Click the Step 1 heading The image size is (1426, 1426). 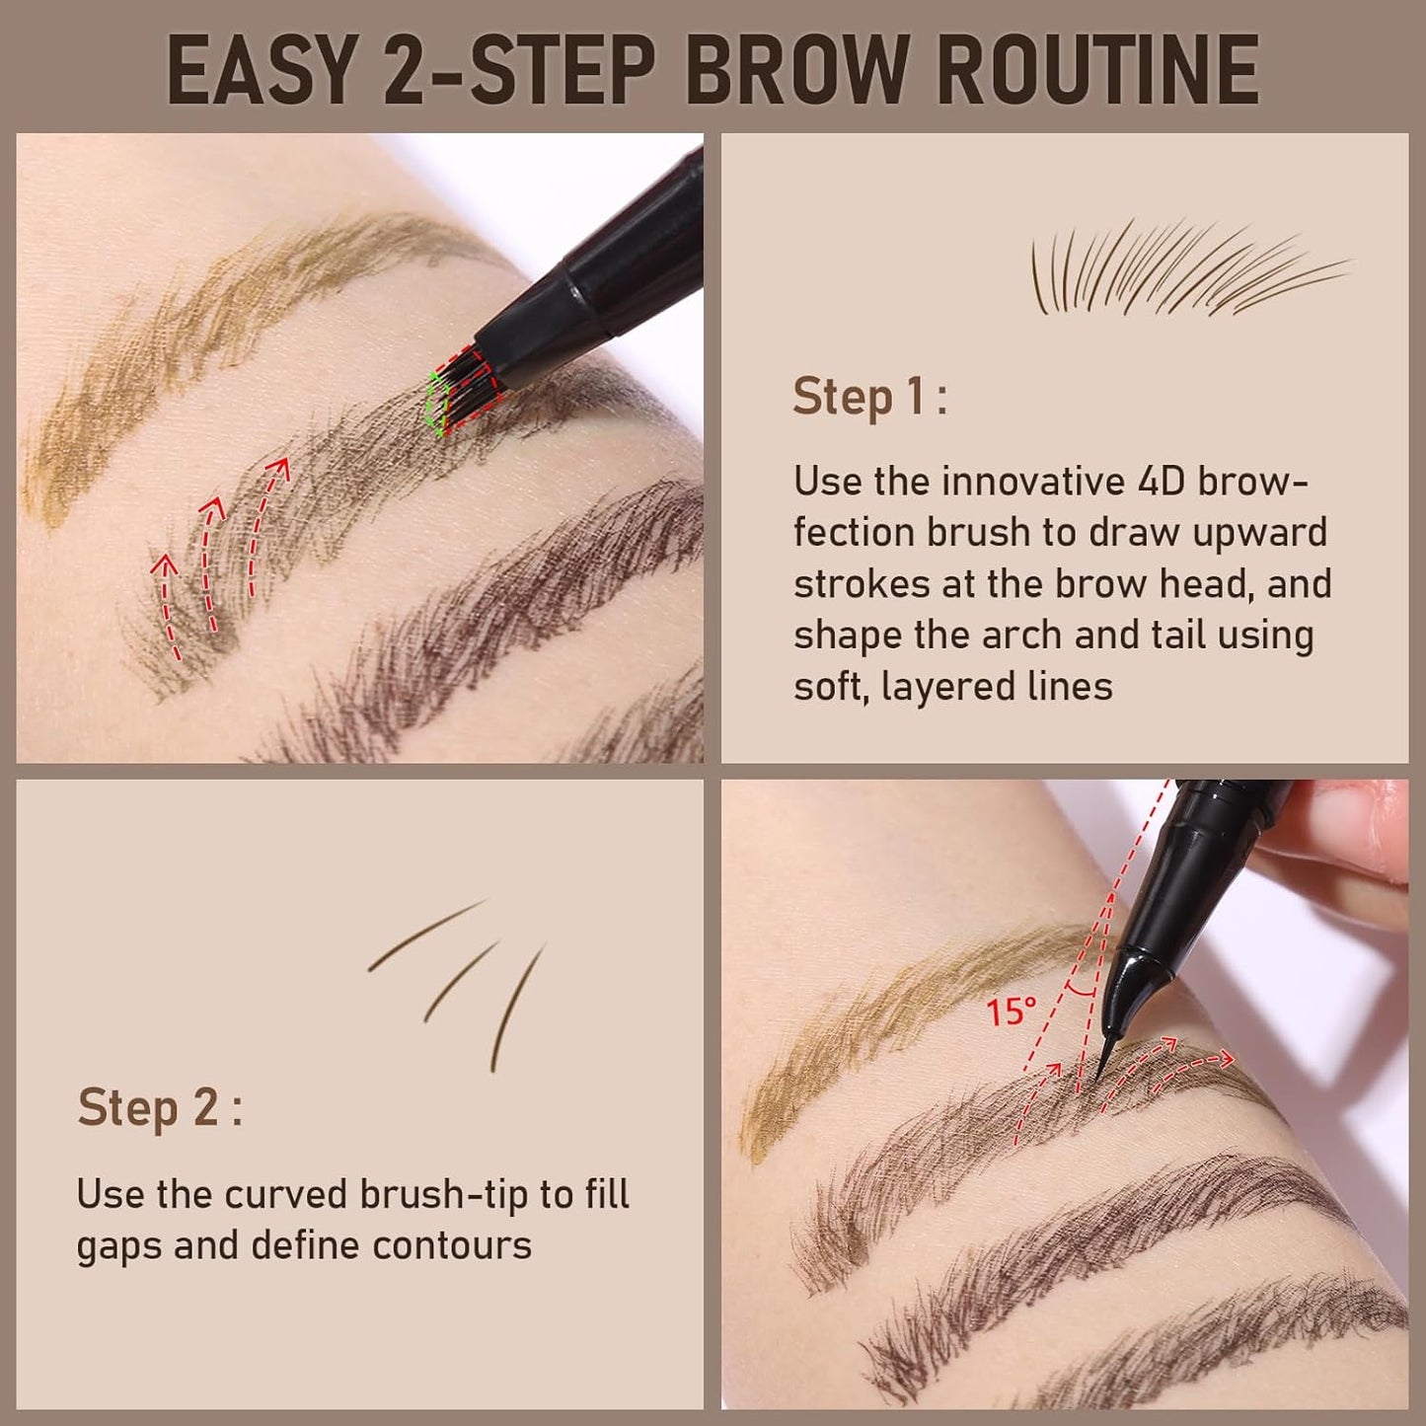869,397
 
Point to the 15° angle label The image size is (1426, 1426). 1011,1012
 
